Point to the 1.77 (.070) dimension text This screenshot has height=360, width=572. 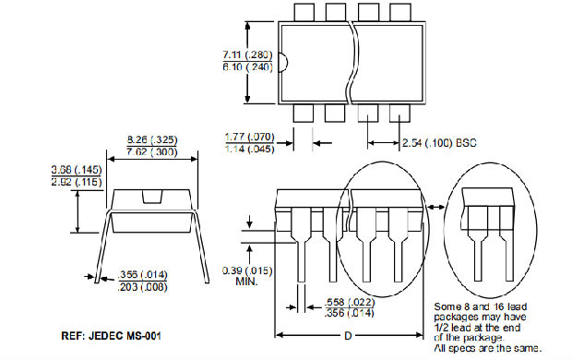pos(248,137)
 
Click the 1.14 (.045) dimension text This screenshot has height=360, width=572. pos(248,149)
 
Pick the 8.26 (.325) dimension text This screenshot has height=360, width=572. pos(151,140)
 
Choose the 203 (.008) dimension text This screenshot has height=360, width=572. pos(145,286)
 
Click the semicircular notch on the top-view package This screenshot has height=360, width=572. pos(281,63)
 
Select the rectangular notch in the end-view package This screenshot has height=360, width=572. pos(151,196)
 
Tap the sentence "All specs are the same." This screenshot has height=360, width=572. pos(489,349)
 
